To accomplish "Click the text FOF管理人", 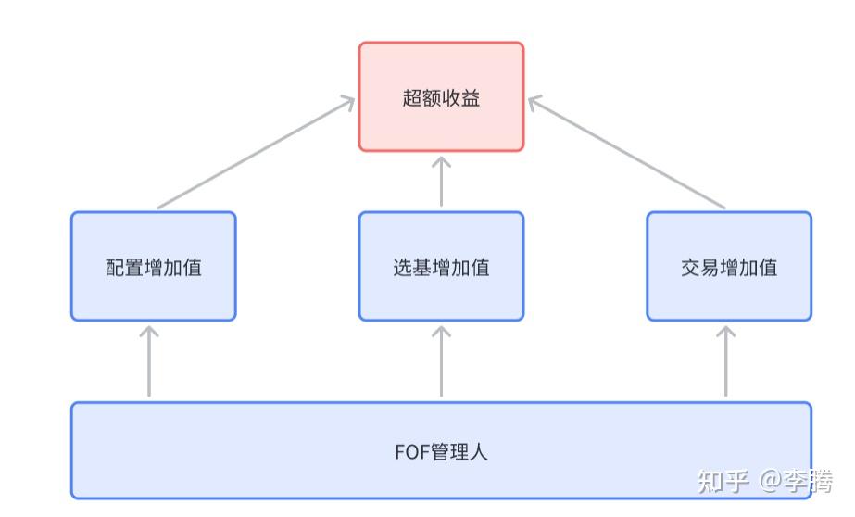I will (x=441, y=452).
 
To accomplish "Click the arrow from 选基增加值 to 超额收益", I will (x=441, y=182).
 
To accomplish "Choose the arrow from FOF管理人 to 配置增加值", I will (x=149, y=361).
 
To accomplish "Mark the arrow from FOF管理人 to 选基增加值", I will (x=441, y=361).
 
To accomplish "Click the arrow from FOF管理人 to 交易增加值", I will (x=726, y=361).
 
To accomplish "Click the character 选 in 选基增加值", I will (x=402, y=269).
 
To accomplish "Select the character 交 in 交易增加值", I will (x=689, y=269).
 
